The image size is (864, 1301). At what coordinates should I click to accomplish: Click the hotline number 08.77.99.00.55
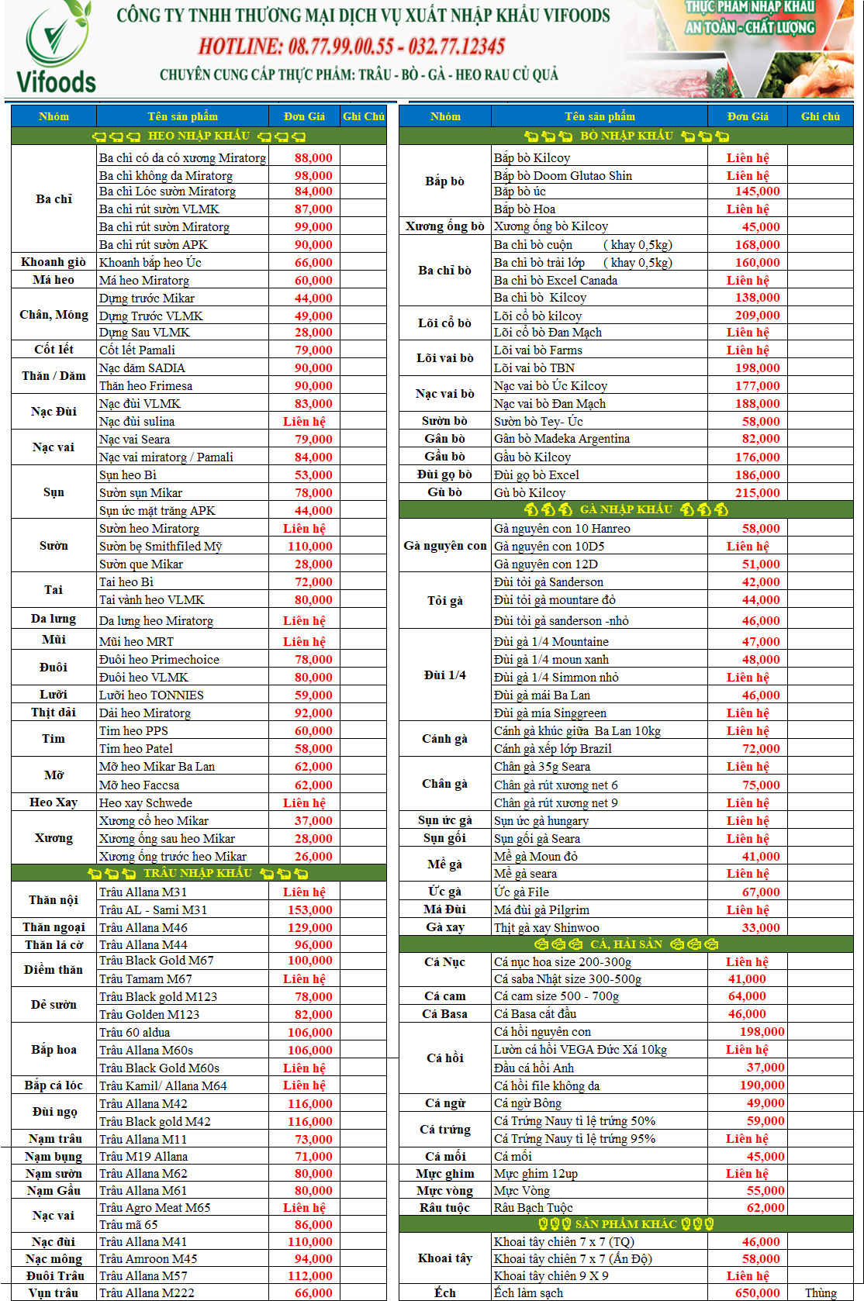coord(340,47)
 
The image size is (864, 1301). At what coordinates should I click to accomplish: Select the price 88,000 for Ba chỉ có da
coord(313,157)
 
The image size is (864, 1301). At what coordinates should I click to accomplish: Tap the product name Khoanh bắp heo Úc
coord(150,262)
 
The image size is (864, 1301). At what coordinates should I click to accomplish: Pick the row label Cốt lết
coord(54,350)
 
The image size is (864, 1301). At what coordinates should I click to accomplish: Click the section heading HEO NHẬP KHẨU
coord(199,136)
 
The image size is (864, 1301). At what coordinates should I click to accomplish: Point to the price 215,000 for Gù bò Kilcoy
coord(757,492)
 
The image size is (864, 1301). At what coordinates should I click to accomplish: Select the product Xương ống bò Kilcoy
coord(551,226)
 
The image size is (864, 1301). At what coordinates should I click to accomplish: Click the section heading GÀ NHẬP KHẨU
coord(626,509)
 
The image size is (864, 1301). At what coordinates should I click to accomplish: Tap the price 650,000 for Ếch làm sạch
coord(757,1292)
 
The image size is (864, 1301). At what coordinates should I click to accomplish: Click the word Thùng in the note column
coord(820,1292)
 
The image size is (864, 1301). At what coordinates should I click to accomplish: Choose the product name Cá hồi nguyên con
coord(542,1031)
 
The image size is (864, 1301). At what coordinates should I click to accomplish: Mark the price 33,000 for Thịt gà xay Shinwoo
coord(760,927)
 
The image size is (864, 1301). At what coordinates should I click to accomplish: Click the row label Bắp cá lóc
coord(54,1085)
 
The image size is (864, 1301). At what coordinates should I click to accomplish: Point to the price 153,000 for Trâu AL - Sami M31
coord(309,909)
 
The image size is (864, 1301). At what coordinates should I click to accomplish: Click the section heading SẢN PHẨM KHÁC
coord(626,1223)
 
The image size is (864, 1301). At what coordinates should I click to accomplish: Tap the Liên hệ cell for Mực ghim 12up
coord(747,1173)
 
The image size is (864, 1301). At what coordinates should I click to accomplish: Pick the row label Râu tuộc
coord(444,1207)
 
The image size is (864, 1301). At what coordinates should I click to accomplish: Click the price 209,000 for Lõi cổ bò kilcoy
coord(757,316)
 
